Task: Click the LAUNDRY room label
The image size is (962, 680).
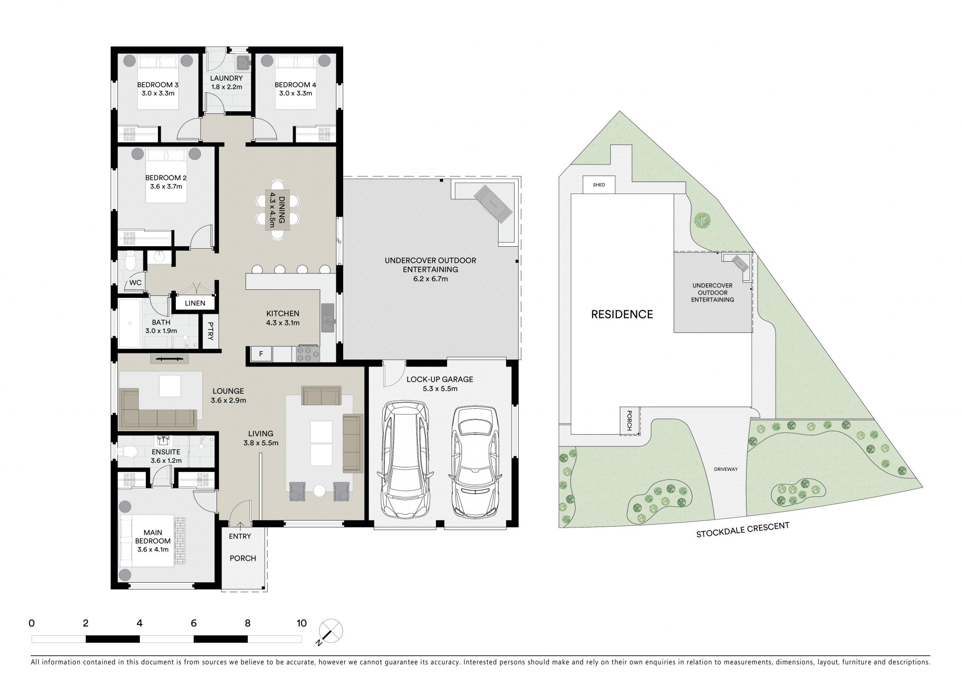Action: click(x=226, y=78)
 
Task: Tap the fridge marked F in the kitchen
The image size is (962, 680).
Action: click(x=261, y=354)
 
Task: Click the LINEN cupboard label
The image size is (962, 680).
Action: click(x=195, y=303)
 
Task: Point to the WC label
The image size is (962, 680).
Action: click(x=135, y=283)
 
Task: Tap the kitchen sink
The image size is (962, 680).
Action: click(x=328, y=319)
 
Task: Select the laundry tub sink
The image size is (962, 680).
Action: click(x=243, y=62)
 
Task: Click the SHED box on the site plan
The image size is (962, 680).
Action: click(x=599, y=185)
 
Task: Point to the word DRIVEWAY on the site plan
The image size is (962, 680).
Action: click(x=726, y=469)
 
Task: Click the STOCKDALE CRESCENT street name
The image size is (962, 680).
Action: click(x=743, y=530)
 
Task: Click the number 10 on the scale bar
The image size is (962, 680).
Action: click(x=301, y=623)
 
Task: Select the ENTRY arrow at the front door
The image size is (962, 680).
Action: click(x=241, y=526)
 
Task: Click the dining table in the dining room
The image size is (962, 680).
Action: click(x=278, y=212)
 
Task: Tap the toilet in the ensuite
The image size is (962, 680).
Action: click(x=129, y=452)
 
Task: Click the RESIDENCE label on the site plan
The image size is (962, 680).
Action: click(x=622, y=314)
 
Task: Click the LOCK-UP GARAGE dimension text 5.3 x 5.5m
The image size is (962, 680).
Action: click(x=439, y=388)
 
